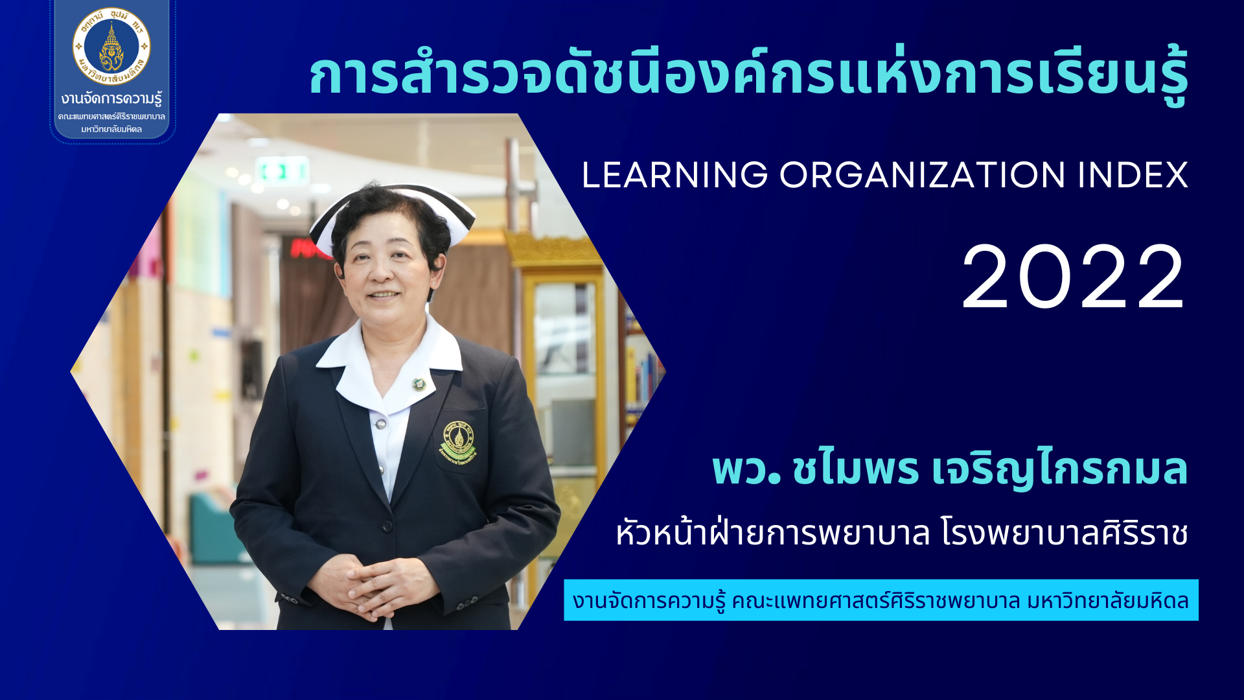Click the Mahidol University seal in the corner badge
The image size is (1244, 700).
[111, 47]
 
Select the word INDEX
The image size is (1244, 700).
[1133, 175]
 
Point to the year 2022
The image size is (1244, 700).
[1074, 277]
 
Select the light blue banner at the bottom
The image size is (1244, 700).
[881, 600]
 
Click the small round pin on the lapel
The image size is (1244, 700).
[419, 384]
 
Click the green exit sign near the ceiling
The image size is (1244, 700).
[282, 171]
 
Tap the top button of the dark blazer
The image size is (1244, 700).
[386, 526]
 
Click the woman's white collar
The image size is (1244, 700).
[389, 363]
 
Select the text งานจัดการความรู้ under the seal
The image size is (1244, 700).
[111, 99]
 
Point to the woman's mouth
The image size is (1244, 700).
[384, 294]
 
